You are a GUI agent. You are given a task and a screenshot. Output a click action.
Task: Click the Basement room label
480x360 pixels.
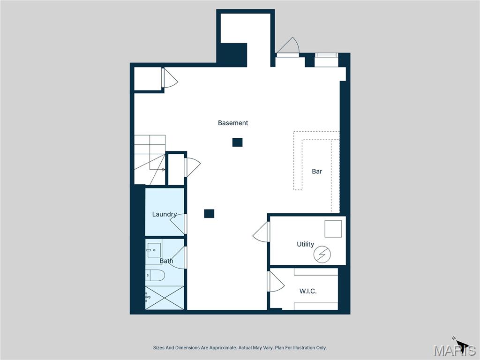click(x=232, y=123)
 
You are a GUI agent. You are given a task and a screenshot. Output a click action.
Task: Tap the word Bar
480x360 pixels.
click(x=317, y=171)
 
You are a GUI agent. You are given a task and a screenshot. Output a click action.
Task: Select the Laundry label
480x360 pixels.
click(x=165, y=214)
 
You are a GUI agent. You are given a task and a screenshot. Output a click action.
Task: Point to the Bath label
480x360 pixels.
click(x=166, y=261)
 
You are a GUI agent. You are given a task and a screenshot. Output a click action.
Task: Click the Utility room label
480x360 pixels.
click(x=305, y=244)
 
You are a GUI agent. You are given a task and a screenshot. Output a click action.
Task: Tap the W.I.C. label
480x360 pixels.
click(x=308, y=291)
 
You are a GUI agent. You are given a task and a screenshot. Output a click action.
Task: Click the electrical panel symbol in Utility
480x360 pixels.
click(x=322, y=255)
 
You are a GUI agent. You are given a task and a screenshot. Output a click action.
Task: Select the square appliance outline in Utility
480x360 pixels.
click(x=333, y=229)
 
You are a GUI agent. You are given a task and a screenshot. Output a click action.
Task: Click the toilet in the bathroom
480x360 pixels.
click(x=155, y=275)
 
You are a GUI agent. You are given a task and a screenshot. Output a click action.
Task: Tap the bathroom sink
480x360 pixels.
click(x=154, y=250)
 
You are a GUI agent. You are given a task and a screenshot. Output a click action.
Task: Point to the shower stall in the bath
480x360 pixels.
click(x=165, y=298)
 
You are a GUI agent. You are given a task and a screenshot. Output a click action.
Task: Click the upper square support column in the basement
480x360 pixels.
click(x=237, y=142)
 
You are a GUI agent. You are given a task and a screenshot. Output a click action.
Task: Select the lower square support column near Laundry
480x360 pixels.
click(x=209, y=214)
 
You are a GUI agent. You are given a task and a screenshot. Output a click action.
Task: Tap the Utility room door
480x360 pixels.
click(x=261, y=232)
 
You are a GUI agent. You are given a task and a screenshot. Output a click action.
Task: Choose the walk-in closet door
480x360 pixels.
click(x=276, y=281)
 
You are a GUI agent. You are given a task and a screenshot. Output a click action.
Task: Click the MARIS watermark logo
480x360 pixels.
click(x=455, y=350)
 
